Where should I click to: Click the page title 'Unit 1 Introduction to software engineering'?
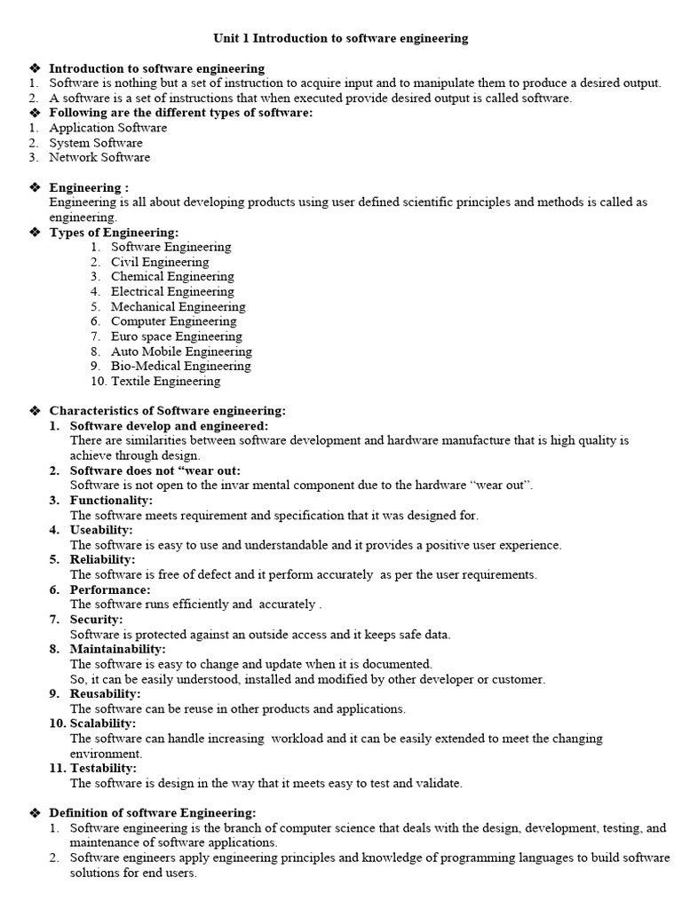pos(340,38)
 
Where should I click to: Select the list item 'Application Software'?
pos(107,128)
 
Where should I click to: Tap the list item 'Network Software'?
pos(99,157)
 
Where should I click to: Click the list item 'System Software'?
pos(95,143)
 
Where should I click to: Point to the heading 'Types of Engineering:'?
pos(114,233)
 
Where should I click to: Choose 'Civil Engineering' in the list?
pos(160,262)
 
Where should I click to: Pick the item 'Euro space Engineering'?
pos(176,336)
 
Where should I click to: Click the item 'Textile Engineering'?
pos(165,381)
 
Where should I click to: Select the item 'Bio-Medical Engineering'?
pos(180,366)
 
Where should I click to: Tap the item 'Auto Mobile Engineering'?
pos(181,352)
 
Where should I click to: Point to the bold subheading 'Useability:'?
pos(101,530)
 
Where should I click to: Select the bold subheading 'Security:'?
pos(96,620)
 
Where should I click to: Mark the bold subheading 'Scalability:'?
pos(103,723)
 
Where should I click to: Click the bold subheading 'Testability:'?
pos(103,768)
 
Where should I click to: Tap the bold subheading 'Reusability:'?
pos(105,693)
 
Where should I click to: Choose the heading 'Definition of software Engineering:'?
pos(152,813)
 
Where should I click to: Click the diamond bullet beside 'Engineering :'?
pos(36,187)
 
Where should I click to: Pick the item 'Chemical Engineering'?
pos(172,277)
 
